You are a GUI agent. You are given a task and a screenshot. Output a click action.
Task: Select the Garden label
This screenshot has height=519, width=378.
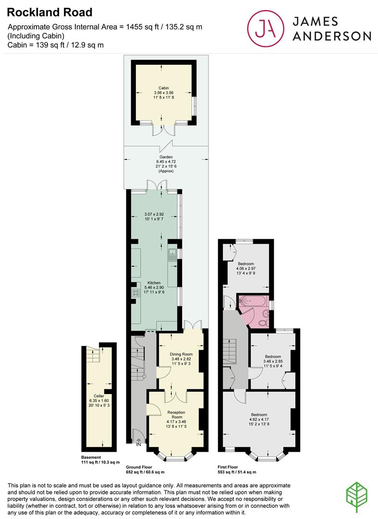[x=166, y=157]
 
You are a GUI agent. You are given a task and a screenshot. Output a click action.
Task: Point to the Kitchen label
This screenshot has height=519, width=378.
[x=154, y=283]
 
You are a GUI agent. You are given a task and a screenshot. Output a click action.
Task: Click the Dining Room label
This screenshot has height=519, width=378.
[x=182, y=355]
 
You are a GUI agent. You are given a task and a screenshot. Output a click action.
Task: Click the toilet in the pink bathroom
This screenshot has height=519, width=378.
[x=263, y=322]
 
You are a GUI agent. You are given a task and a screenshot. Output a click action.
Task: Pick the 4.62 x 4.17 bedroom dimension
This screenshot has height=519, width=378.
[x=259, y=420]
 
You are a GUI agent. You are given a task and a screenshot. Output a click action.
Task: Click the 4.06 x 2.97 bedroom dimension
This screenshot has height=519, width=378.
[x=246, y=269]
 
